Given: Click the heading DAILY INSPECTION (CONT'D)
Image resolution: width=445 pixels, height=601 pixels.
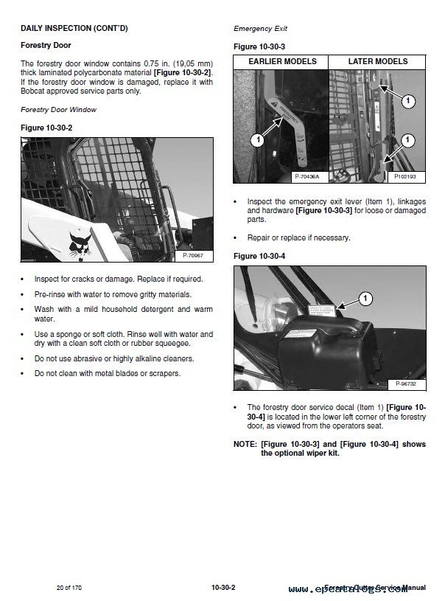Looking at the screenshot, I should (74, 28).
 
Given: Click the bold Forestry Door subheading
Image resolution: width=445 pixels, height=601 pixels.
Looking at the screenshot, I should (45, 46).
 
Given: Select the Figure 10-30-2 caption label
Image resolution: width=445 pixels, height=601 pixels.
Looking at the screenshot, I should (46, 128).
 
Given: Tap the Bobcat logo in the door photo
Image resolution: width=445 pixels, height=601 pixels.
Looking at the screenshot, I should (77, 243).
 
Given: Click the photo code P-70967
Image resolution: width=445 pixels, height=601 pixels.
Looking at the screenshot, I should (192, 255).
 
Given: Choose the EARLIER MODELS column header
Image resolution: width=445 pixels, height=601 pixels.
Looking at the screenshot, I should (281, 62).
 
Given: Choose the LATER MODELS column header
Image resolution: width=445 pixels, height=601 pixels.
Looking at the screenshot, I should (377, 62).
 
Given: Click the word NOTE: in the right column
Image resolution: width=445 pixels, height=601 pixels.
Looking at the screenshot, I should (245, 445).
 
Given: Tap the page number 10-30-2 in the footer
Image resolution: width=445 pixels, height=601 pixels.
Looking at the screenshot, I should (222, 588).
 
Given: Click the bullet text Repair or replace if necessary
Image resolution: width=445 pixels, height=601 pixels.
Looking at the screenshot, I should (298, 237).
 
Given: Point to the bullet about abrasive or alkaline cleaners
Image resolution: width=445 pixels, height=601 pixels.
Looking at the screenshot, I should (103, 358).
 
